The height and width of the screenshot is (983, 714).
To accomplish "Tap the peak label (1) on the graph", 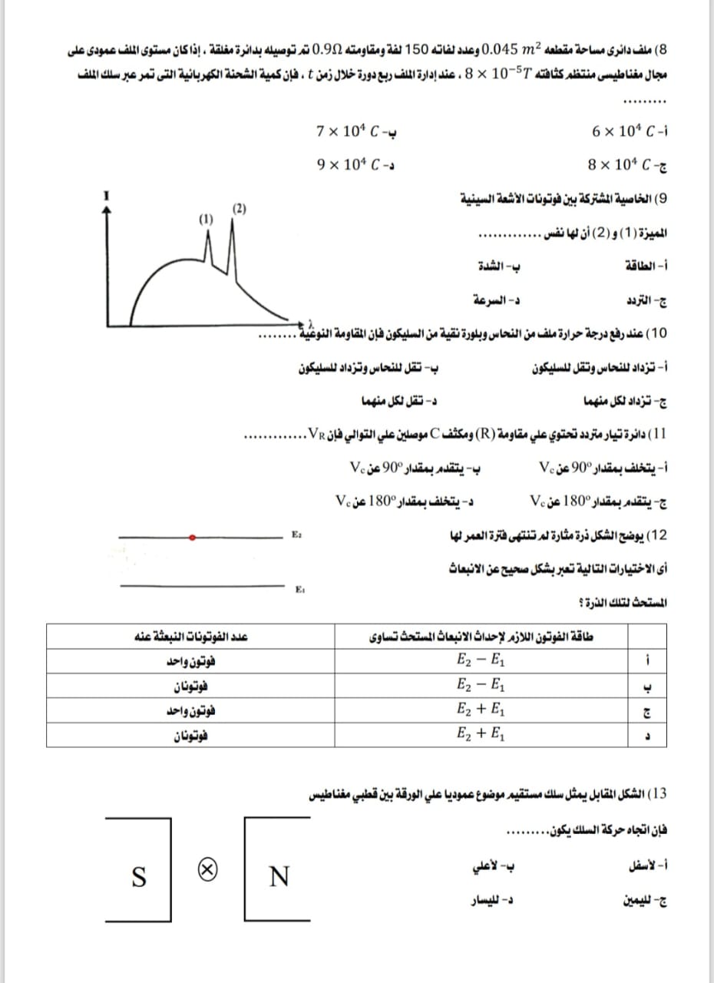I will coord(206,220).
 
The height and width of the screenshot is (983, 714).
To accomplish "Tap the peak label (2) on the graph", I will coord(240,208).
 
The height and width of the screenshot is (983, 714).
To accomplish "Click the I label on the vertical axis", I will coord(107,196).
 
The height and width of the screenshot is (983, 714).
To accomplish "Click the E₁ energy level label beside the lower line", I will coord(298,589).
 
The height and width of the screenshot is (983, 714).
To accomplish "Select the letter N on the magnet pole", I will coord(280,875).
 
